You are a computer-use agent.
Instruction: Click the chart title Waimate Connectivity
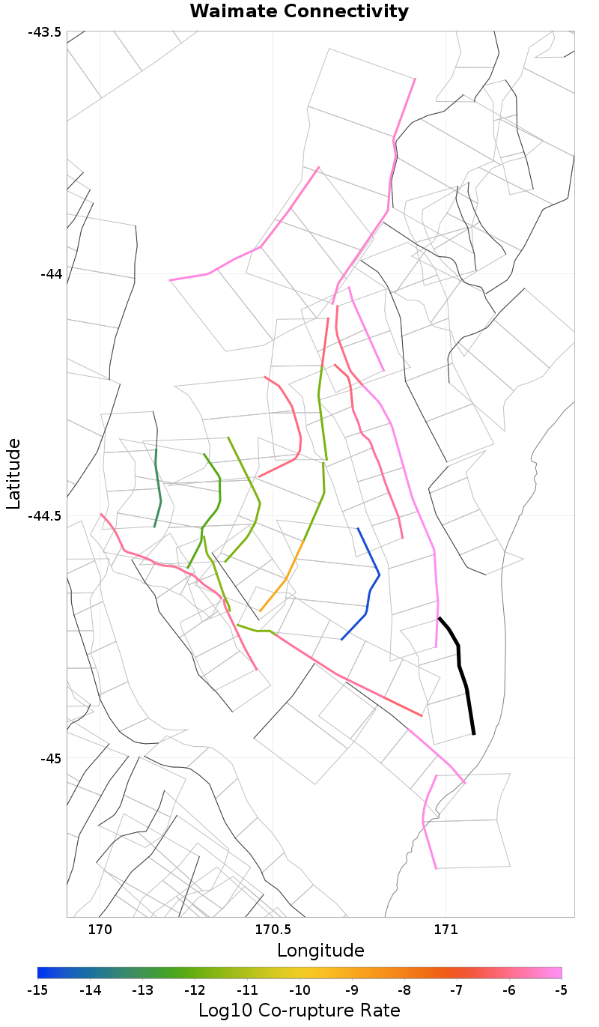(x=299, y=11)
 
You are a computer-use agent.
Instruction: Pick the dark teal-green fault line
(x=159, y=487)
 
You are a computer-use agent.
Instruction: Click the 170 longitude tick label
(x=100, y=930)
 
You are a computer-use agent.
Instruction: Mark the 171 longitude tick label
(x=446, y=930)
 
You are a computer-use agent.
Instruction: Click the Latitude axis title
(x=14, y=474)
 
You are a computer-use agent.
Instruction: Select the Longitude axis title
(x=320, y=951)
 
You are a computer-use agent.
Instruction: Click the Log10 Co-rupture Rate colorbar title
(x=299, y=1010)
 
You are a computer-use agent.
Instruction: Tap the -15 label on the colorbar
(x=37, y=990)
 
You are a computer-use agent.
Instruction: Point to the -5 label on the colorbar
(x=561, y=990)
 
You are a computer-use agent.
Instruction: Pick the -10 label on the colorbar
(x=299, y=990)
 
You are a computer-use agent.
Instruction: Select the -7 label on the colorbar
(x=457, y=990)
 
